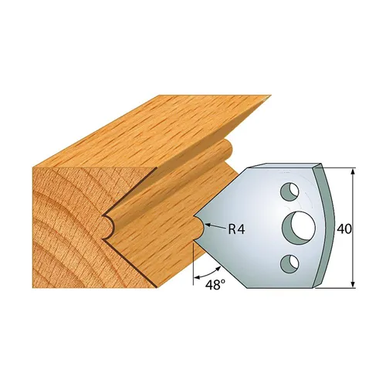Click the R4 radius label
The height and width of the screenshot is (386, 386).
pyautogui.click(x=237, y=229)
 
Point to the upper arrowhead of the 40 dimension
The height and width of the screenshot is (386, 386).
pyautogui.click(x=353, y=171)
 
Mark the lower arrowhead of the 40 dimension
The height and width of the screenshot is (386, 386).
pyautogui.click(x=353, y=286)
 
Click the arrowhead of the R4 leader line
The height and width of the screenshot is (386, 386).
pyautogui.click(x=205, y=226)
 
